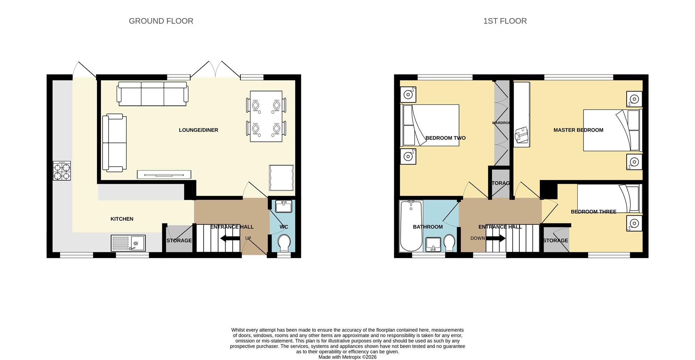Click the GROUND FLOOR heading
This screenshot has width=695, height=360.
tap(161, 21)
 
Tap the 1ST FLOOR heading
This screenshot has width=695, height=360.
tap(505, 21)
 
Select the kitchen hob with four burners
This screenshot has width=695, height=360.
tap(62, 171)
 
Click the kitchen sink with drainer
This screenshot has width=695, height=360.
tap(128, 243)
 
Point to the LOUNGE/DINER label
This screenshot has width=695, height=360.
tap(198, 130)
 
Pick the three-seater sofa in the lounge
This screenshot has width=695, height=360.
tap(152, 93)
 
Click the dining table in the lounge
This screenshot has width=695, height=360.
tap(266, 116)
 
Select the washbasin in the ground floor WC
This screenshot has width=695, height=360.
tap(283, 207)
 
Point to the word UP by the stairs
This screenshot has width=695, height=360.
tap(248, 238)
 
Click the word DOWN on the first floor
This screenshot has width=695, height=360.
tap(477, 238)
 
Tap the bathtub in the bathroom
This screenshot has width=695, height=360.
tap(411, 226)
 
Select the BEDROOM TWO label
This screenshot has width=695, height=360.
tap(445, 138)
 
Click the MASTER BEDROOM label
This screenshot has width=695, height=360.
tap(578, 130)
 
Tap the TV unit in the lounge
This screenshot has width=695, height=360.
tap(164, 174)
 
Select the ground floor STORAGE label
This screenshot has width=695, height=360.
tap(179, 241)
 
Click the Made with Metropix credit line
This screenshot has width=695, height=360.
tap(347, 357)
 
